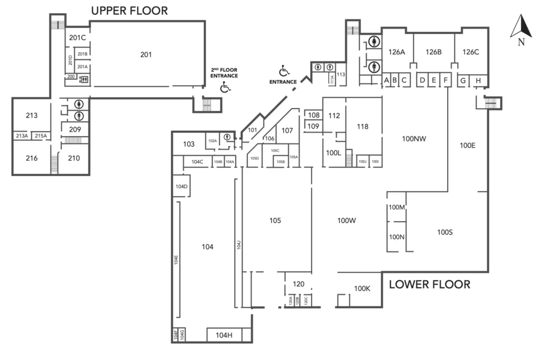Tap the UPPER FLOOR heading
(129, 10)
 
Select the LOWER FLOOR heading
(429, 284)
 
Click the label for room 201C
(77, 38)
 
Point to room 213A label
(21, 136)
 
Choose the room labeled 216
(32, 158)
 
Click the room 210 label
(74, 158)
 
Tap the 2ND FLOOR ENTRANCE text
(224, 73)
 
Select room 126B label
(433, 52)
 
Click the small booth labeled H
(478, 81)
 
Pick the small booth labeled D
(422, 81)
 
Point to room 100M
(396, 208)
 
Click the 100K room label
(362, 288)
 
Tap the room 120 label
(299, 284)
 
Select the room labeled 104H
(224, 335)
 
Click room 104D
(181, 187)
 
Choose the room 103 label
(189, 144)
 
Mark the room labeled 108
(313, 115)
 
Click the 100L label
(334, 153)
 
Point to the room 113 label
(341, 74)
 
